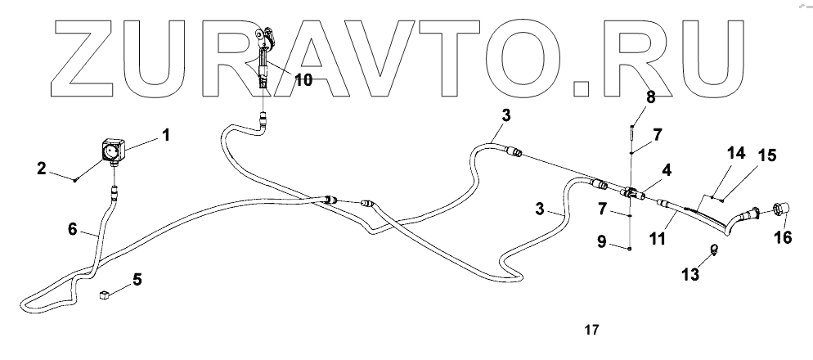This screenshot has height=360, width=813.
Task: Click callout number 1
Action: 165,135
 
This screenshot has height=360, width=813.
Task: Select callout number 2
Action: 40,169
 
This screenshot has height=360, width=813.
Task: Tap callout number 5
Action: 137,280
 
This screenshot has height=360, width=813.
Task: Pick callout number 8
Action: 650,97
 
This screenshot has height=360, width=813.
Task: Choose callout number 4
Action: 667,170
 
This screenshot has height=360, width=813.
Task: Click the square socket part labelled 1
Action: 111,151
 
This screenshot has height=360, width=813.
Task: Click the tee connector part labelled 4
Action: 631,193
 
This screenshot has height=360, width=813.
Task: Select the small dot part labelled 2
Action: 75,180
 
